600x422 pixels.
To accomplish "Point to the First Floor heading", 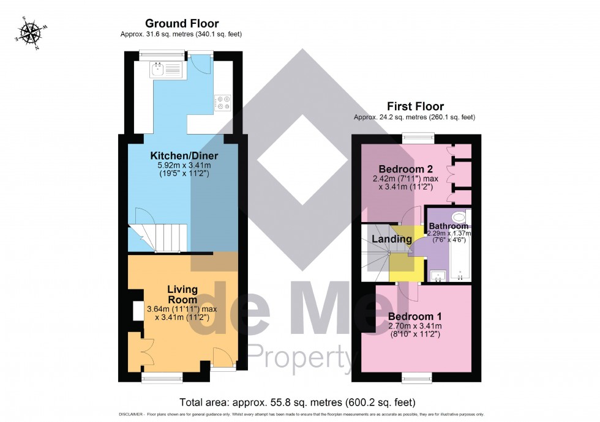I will click(414, 106).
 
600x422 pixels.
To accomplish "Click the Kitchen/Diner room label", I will click(184, 156).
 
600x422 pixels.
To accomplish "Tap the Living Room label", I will click(183, 294).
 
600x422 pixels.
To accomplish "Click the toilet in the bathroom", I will click(458, 217).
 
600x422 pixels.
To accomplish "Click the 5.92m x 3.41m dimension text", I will click(184, 165).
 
